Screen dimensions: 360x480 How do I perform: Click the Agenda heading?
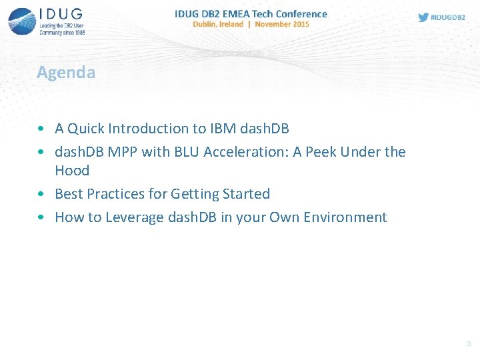pos(66,72)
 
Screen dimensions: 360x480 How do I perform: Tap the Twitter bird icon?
pos(423,17)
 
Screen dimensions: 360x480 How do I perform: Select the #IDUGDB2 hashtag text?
pos(448,17)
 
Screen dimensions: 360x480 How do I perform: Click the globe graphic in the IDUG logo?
pos(22,21)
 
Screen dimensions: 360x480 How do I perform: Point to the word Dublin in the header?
pos(207,24)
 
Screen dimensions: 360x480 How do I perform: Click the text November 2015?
pos(282,24)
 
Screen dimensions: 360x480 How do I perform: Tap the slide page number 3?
pos(468,344)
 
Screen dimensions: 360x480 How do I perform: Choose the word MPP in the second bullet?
pos(122,152)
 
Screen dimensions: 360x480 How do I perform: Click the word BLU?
pos(187,152)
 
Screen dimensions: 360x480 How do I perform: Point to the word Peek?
pos(320,152)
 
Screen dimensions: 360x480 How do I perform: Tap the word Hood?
pos(72,171)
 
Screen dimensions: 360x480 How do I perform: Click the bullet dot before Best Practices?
pos(42,195)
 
